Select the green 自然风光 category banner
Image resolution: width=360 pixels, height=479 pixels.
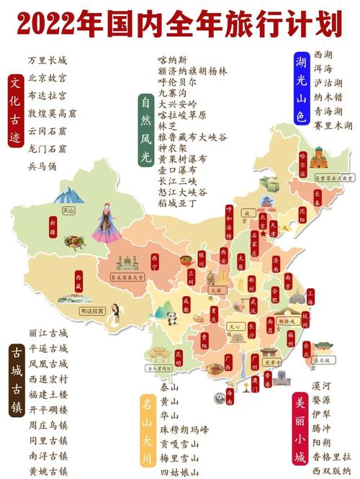tap(145, 130)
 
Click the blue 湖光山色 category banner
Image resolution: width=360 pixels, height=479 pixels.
tap(300, 90)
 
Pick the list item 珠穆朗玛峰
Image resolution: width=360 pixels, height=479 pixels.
tap(184, 430)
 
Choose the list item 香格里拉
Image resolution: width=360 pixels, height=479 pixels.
tap(333, 457)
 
